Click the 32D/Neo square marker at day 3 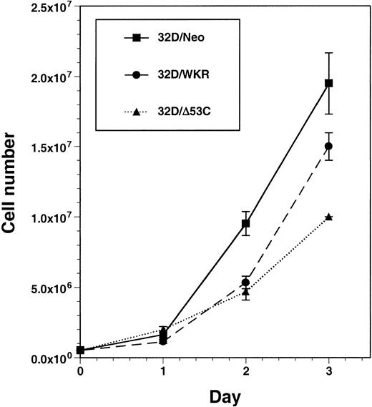pos(328,83)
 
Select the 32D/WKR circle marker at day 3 pos(328,146)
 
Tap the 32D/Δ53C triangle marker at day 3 pos(328,217)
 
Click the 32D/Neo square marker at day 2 pos(245,224)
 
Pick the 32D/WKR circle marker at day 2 pos(245,282)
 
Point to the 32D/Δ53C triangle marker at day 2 pos(245,292)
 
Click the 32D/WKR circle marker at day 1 pos(163,341)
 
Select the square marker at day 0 pos(80,350)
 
